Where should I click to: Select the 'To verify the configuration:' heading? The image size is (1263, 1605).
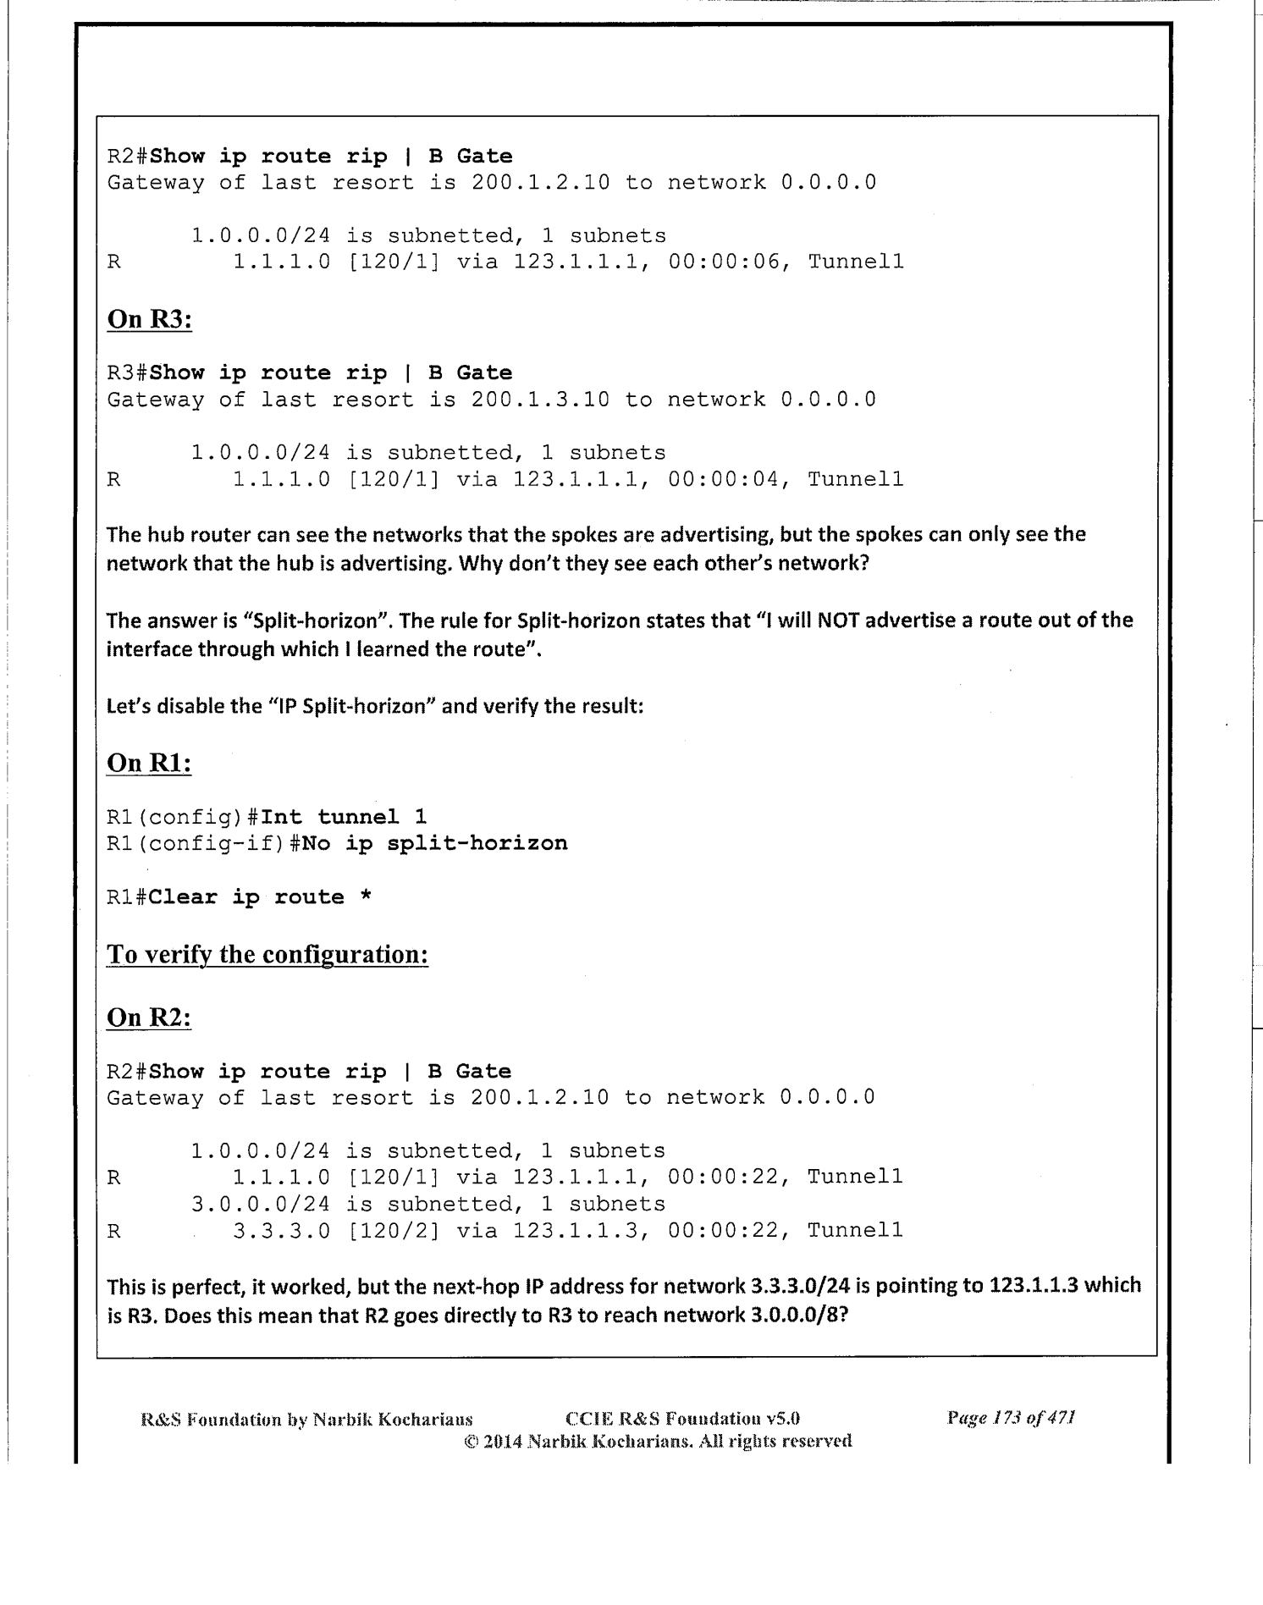point(267,954)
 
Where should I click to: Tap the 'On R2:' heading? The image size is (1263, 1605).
point(149,1018)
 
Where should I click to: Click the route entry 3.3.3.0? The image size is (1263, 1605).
point(281,1230)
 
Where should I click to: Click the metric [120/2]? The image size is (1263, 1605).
point(394,1230)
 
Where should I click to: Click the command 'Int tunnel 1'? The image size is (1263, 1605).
point(344,817)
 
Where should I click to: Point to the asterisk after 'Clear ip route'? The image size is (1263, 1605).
point(366,897)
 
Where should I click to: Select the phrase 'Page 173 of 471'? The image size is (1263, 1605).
point(1011,1418)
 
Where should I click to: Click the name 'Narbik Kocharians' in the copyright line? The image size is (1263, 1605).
point(610,1441)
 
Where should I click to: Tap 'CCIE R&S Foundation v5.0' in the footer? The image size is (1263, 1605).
point(682,1418)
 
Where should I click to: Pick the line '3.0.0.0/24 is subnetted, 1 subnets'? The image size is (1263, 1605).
point(427,1204)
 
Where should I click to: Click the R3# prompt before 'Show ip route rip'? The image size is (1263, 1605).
point(127,373)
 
